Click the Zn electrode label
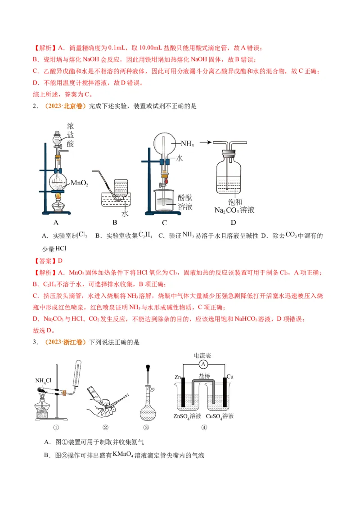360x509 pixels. [178, 376]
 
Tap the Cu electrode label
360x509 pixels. [229, 376]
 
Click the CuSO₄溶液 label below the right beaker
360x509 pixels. [220, 416]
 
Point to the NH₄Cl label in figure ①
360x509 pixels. [44, 380]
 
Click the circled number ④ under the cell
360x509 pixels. [204, 428]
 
